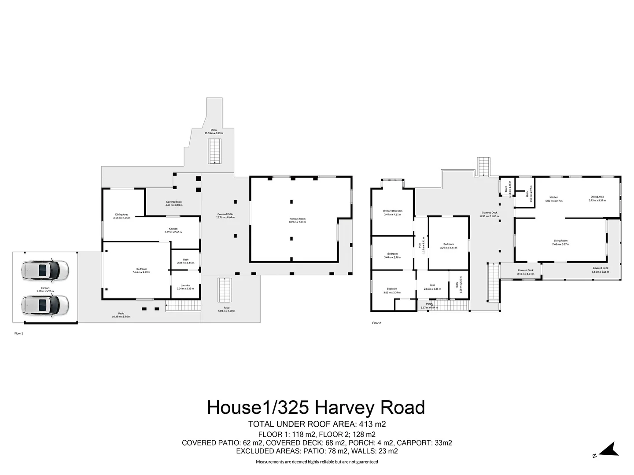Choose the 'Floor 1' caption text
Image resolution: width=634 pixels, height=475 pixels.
[18, 333]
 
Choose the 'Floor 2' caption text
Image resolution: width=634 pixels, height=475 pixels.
[376, 323]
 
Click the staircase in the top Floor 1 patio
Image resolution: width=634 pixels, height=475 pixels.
[215, 151]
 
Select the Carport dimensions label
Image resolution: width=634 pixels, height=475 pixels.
[45, 289]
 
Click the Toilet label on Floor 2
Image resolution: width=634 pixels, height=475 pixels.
[507, 188]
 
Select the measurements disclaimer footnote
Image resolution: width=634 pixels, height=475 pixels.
[317, 462]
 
